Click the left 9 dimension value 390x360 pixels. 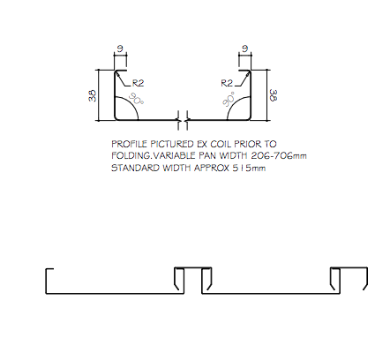(120, 49)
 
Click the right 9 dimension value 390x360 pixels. (245, 49)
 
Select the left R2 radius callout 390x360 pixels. (138, 83)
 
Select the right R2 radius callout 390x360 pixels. (227, 83)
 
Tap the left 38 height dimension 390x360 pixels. (93, 95)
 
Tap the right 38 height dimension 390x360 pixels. (274, 95)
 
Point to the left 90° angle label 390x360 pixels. (136, 99)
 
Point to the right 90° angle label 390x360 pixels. (229, 99)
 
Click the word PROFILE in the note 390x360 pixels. (129, 144)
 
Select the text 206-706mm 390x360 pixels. (279, 155)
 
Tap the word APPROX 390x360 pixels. (212, 168)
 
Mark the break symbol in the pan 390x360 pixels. (183, 120)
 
